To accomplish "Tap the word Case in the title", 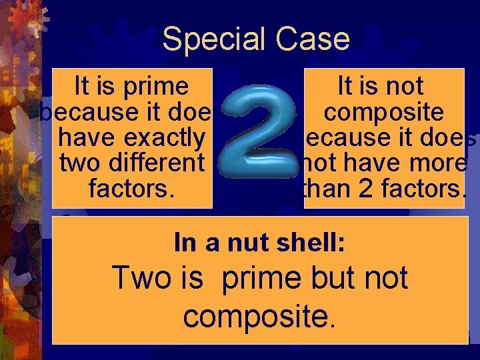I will (315, 39).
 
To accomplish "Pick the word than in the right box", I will (322, 189).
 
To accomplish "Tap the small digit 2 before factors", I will (365, 189).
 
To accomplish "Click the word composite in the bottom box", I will (259, 317).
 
